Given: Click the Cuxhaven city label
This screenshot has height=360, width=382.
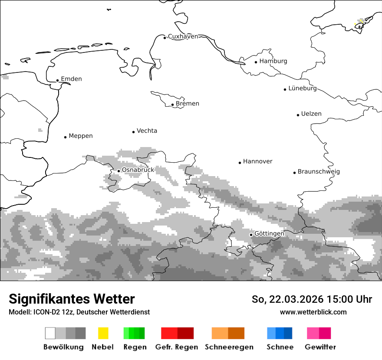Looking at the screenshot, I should pyautogui.click(x=183, y=36).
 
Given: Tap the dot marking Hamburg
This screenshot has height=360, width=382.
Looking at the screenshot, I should pyautogui.click(x=256, y=62).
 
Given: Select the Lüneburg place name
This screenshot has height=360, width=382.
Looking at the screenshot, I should pyautogui.click(x=303, y=88).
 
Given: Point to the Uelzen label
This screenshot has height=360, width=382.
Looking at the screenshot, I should pyautogui.click(x=311, y=114).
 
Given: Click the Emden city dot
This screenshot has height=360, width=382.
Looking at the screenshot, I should pyautogui.click(x=58, y=80).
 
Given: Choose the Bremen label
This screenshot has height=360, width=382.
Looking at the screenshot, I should pyautogui.click(x=188, y=104).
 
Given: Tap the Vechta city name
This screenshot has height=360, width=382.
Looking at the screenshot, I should pyautogui.click(x=147, y=131).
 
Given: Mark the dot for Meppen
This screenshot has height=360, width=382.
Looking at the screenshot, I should pyautogui.click(x=66, y=137).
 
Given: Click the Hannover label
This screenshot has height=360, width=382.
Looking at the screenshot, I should pyautogui.click(x=257, y=161).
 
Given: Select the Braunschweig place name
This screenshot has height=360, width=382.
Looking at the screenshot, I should pyautogui.click(x=319, y=172).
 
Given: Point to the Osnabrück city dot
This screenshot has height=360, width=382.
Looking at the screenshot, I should pyautogui.click(x=119, y=171).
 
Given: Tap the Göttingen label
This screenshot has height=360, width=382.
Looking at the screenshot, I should pyautogui.click(x=269, y=234).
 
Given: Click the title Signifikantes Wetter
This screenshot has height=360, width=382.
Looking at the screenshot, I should pyautogui.click(x=72, y=299).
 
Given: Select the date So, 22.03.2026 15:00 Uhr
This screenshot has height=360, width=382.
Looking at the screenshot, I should pyautogui.click(x=312, y=299).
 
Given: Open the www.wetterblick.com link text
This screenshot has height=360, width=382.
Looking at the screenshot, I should pyautogui.click(x=313, y=312).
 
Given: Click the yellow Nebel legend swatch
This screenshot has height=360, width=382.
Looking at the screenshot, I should pyautogui.click(x=103, y=333).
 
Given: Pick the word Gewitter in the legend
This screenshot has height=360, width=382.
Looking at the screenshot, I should pyautogui.click(x=320, y=347).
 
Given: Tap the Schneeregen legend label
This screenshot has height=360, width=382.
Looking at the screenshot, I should pyautogui.click(x=229, y=347).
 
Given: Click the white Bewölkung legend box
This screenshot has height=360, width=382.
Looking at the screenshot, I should pyautogui.click(x=50, y=333).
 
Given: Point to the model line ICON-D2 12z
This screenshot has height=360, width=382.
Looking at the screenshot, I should pyautogui.click(x=79, y=312).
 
